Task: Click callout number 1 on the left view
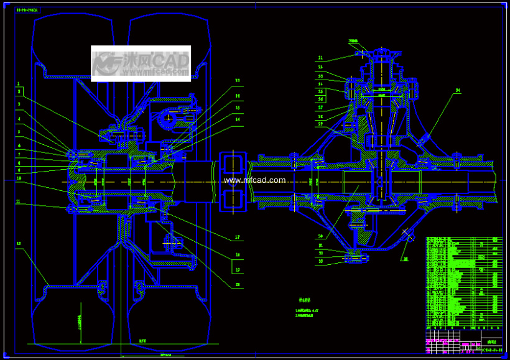[19, 83]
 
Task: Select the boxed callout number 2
[19, 91]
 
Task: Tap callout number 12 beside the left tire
[19, 243]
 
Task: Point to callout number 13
[238, 80]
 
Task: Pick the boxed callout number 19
[238, 270]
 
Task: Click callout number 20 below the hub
[238, 285]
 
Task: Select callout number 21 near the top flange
[320, 58]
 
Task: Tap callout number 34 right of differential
[457, 91]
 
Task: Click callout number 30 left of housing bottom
[320, 236]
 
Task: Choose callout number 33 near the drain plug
[320, 261]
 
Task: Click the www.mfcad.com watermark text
[254, 180]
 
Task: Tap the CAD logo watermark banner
[141, 63]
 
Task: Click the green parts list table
[463, 283]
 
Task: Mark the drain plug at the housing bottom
[356, 256]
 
